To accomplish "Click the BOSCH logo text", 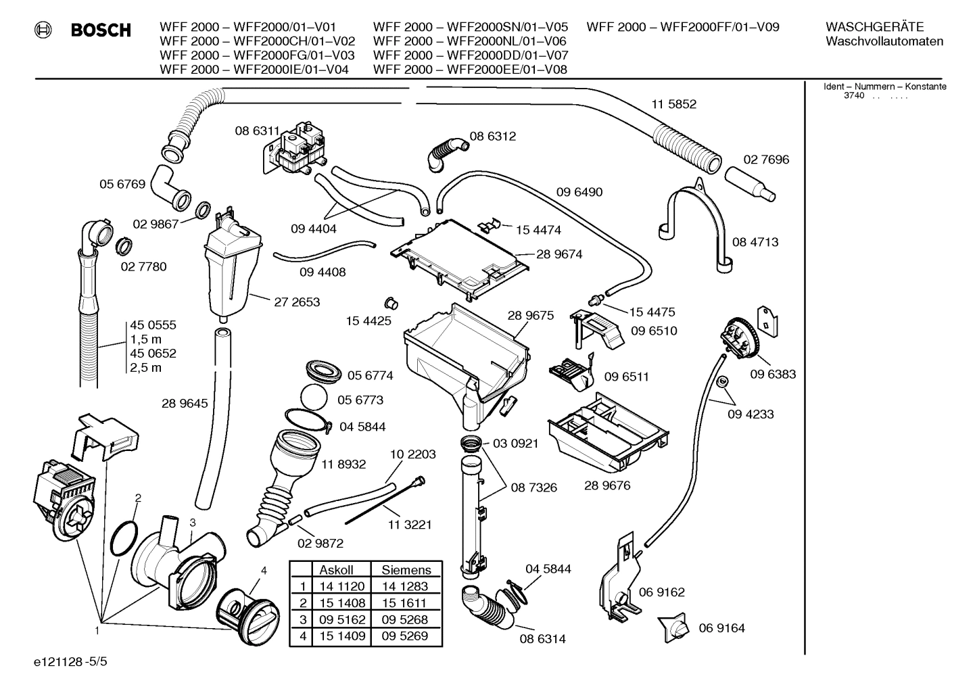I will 101,30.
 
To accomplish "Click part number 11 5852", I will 673,104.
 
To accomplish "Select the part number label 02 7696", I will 766,160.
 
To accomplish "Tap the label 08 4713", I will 755,241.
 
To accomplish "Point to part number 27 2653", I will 297,302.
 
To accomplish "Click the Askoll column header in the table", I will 336,570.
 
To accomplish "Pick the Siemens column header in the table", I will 406,570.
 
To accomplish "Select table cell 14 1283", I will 404,586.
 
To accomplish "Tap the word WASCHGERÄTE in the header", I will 874,27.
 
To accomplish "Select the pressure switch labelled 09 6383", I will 738,338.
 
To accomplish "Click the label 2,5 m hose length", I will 146,368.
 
